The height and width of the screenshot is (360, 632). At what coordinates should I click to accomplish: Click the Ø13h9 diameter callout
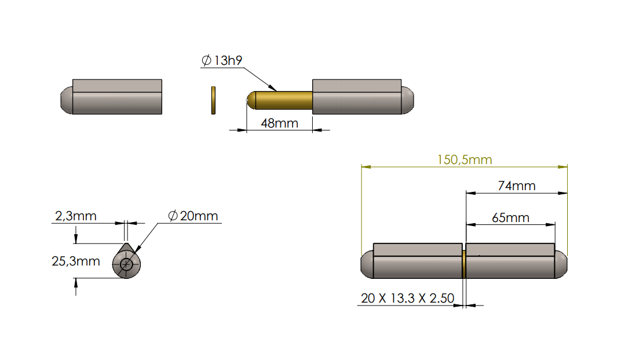[222, 61]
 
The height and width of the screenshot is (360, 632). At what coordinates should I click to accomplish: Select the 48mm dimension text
[279, 123]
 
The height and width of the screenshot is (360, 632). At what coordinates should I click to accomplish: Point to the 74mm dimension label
[517, 186]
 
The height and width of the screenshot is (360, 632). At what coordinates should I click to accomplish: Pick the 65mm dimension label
[510, 218]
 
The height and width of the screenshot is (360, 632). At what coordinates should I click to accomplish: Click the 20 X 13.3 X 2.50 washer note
[407, 299]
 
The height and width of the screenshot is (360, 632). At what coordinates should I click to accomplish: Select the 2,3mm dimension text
[75, 216]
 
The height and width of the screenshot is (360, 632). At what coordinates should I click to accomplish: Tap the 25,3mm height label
[76, 261]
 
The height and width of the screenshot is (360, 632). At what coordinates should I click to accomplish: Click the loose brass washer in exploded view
[213, 100]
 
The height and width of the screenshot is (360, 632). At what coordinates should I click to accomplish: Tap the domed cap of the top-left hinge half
[66, 100]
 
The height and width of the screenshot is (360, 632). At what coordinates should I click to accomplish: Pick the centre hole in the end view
[127, 265]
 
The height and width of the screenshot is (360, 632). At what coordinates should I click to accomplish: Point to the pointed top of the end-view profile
[126, 245]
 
